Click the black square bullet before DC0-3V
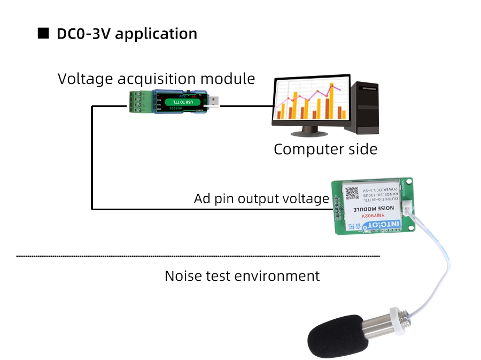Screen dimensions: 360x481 [x=43, y=33]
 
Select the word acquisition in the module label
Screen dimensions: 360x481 [x=170, y=79]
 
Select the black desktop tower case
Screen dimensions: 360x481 [x=362, y=108]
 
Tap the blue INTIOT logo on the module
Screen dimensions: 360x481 [x=384, y=224]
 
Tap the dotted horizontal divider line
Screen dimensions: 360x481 [x=198, y=256]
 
